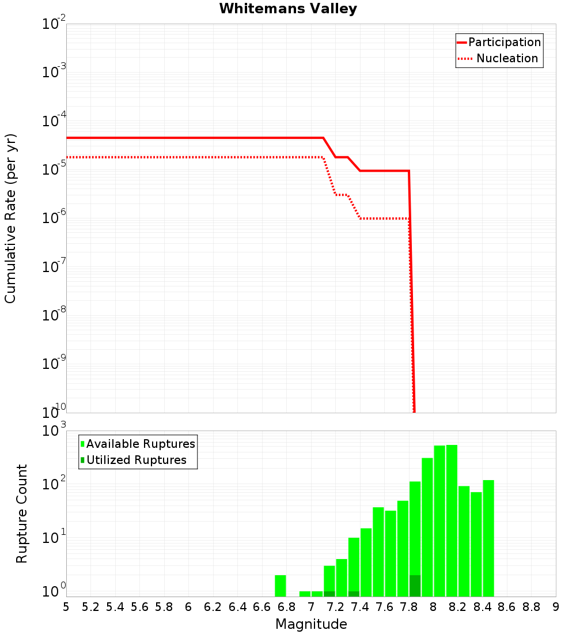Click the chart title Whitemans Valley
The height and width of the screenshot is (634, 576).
(288, 9)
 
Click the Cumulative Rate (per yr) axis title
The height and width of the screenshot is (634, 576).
(10, 218)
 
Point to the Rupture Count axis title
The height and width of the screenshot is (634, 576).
(22, 514)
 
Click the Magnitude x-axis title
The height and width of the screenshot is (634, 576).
(311, 624)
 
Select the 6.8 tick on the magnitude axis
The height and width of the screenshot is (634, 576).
(286, 607)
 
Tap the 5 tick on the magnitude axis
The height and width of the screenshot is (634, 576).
(66, 607)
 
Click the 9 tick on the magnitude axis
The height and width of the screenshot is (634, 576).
(556, 607)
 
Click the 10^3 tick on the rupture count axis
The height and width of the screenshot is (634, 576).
(55, 431)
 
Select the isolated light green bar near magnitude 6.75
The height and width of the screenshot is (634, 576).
(281, 586)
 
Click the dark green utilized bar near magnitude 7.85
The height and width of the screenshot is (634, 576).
(415, 586)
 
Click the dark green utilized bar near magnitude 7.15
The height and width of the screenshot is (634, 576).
(329, 594)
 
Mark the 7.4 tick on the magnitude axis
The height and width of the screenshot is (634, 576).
(360, 607)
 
